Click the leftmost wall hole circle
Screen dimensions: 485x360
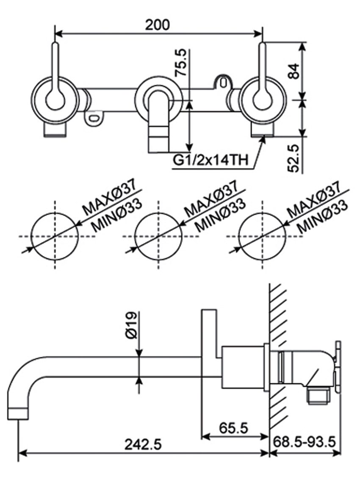(55, 236)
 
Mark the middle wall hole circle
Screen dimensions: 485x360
(158, 236)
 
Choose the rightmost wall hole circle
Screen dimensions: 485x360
(262, 236)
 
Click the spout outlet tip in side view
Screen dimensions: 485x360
(18, 412)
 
